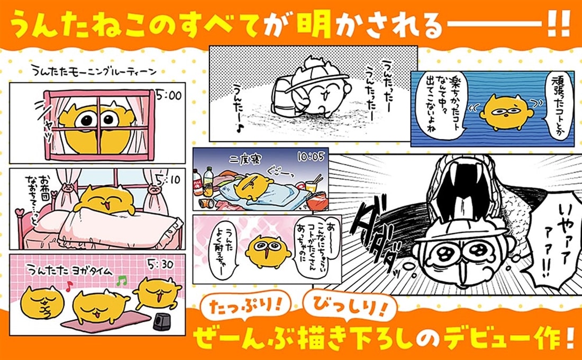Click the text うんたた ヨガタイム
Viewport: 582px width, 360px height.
[x=71, y=271]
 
